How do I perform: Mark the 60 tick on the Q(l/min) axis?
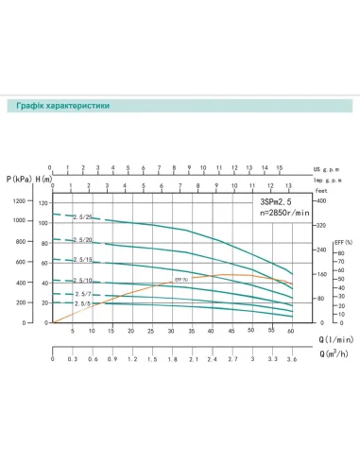pos(292,332)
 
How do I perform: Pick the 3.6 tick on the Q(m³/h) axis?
pos(292,360)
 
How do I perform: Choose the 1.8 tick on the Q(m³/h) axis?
pos(172,360)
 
